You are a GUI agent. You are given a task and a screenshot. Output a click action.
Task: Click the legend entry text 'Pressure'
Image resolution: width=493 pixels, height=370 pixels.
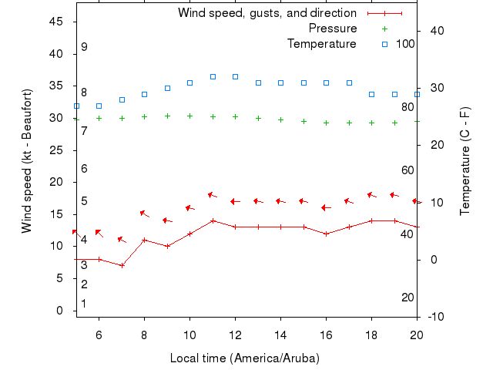[333, 29]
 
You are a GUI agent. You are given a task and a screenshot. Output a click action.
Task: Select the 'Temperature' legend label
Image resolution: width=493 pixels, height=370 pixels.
[322, 44]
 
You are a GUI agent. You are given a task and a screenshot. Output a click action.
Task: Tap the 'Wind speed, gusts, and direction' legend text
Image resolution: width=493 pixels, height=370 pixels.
[267, 13]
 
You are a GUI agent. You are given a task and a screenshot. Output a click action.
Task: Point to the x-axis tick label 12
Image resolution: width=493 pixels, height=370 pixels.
[235, 335]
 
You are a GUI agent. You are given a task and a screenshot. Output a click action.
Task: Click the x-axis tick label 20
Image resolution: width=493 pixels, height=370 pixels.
[417, 335]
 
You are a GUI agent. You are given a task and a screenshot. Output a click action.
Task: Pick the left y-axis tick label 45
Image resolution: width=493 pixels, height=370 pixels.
[56, 22]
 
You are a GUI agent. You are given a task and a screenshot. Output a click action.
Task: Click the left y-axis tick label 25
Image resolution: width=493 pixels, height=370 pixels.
[56, 150]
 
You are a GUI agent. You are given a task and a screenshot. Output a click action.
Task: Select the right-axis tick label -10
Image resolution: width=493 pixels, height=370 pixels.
[435, 317]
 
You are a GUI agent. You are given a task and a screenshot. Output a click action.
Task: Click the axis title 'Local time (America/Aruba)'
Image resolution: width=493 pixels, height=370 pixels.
[244, 358]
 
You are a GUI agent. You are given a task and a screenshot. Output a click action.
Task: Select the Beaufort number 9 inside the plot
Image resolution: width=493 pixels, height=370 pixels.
[84, 47]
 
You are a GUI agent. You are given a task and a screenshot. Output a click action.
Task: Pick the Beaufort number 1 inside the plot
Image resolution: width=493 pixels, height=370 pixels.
[84, 304]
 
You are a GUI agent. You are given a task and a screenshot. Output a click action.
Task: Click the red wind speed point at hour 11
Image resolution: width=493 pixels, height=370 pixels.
[213, 220]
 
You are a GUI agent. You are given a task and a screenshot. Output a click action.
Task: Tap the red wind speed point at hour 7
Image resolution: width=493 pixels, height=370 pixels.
[122, 265]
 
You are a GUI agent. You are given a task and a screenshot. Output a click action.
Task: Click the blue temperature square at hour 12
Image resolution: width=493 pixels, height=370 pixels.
[235, 77]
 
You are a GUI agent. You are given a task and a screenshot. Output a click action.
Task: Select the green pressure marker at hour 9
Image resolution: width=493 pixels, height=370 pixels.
[167, 116]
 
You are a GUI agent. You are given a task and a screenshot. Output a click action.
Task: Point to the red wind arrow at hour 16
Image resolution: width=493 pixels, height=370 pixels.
[326, 207]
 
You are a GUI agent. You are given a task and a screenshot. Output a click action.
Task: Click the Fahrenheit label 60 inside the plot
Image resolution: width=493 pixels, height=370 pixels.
[408, 170]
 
